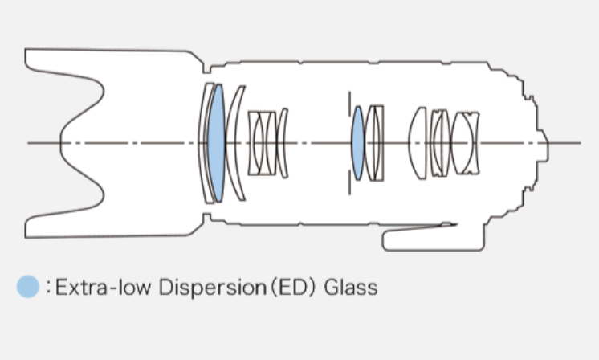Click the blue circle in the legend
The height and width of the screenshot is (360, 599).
pos(28,286)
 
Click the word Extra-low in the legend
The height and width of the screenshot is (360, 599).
pos(103,287)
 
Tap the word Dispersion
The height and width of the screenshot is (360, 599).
pos(213,288)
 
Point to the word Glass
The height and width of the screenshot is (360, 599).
pos(351,288)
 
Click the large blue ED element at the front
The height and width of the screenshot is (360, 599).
pos(216,143)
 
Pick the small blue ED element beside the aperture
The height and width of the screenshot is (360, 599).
pos(358,143)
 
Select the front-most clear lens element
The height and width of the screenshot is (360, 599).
pos(205,143)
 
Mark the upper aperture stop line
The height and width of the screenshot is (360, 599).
pos(349,104)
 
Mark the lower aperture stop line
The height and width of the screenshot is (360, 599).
pos(349,182)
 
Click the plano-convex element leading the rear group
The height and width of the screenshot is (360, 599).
pos(418,143)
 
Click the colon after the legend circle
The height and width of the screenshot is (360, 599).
pos(48,287)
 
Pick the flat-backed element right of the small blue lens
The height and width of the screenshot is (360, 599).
pos(378,143)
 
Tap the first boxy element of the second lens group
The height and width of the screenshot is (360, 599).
pos(255,143)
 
